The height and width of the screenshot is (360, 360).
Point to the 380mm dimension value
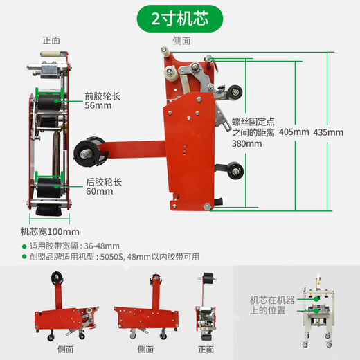[247, 144]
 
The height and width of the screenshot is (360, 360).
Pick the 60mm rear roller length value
[99, 192]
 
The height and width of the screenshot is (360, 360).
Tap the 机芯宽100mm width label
[50, 231]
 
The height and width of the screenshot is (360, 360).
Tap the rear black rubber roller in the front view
[51, 187]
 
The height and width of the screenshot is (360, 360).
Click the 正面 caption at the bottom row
[206, 350]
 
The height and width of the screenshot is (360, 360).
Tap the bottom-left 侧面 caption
[66, 350]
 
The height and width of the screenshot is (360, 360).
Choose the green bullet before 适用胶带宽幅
[24, 245]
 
